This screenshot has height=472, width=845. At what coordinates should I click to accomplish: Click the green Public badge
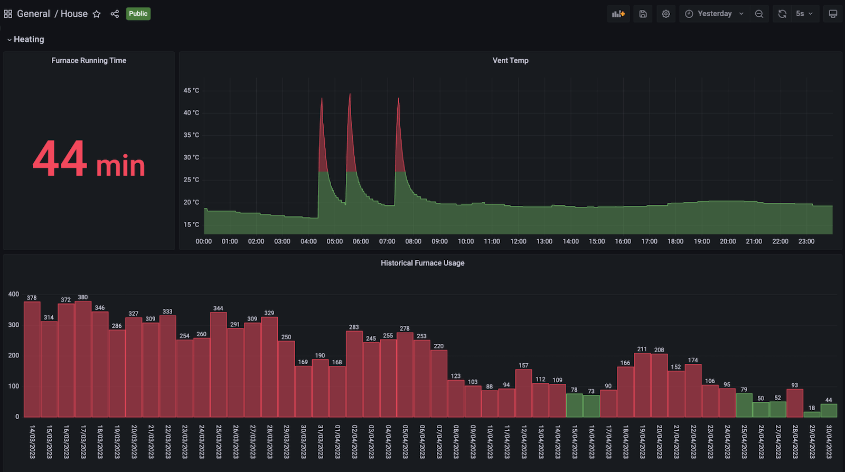[138, 14]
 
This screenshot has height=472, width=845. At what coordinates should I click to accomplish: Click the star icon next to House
[97, 14]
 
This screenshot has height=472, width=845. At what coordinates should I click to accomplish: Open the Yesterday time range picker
[715, 14]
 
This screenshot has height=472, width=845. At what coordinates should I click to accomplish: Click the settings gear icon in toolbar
[666, 14]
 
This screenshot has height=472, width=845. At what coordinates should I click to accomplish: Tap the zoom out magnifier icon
[759, 14]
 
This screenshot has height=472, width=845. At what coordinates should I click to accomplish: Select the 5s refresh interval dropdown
[804, 14]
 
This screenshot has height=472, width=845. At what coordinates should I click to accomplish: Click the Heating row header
[29, 40]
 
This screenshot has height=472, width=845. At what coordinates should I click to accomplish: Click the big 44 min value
[89, 159]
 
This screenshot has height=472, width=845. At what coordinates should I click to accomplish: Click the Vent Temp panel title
[510, 61]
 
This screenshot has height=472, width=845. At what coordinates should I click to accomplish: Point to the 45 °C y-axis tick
[191, 91]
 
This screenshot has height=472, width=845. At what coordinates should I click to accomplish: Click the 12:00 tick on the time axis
[518, 241]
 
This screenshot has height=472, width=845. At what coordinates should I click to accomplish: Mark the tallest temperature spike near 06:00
[350, 95]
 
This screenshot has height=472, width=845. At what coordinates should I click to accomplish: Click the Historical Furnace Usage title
[422, 263]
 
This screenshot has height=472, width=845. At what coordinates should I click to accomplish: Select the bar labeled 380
[83, 359]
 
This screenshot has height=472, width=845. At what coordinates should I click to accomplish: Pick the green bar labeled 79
[744, 405]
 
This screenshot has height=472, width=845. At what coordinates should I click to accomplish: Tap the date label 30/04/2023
[829, 441]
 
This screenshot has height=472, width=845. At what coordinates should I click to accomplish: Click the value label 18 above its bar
[812, 408]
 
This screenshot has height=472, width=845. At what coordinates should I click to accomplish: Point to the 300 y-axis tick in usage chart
[14, 325]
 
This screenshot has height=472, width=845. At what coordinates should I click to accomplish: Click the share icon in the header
[115, 14]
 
